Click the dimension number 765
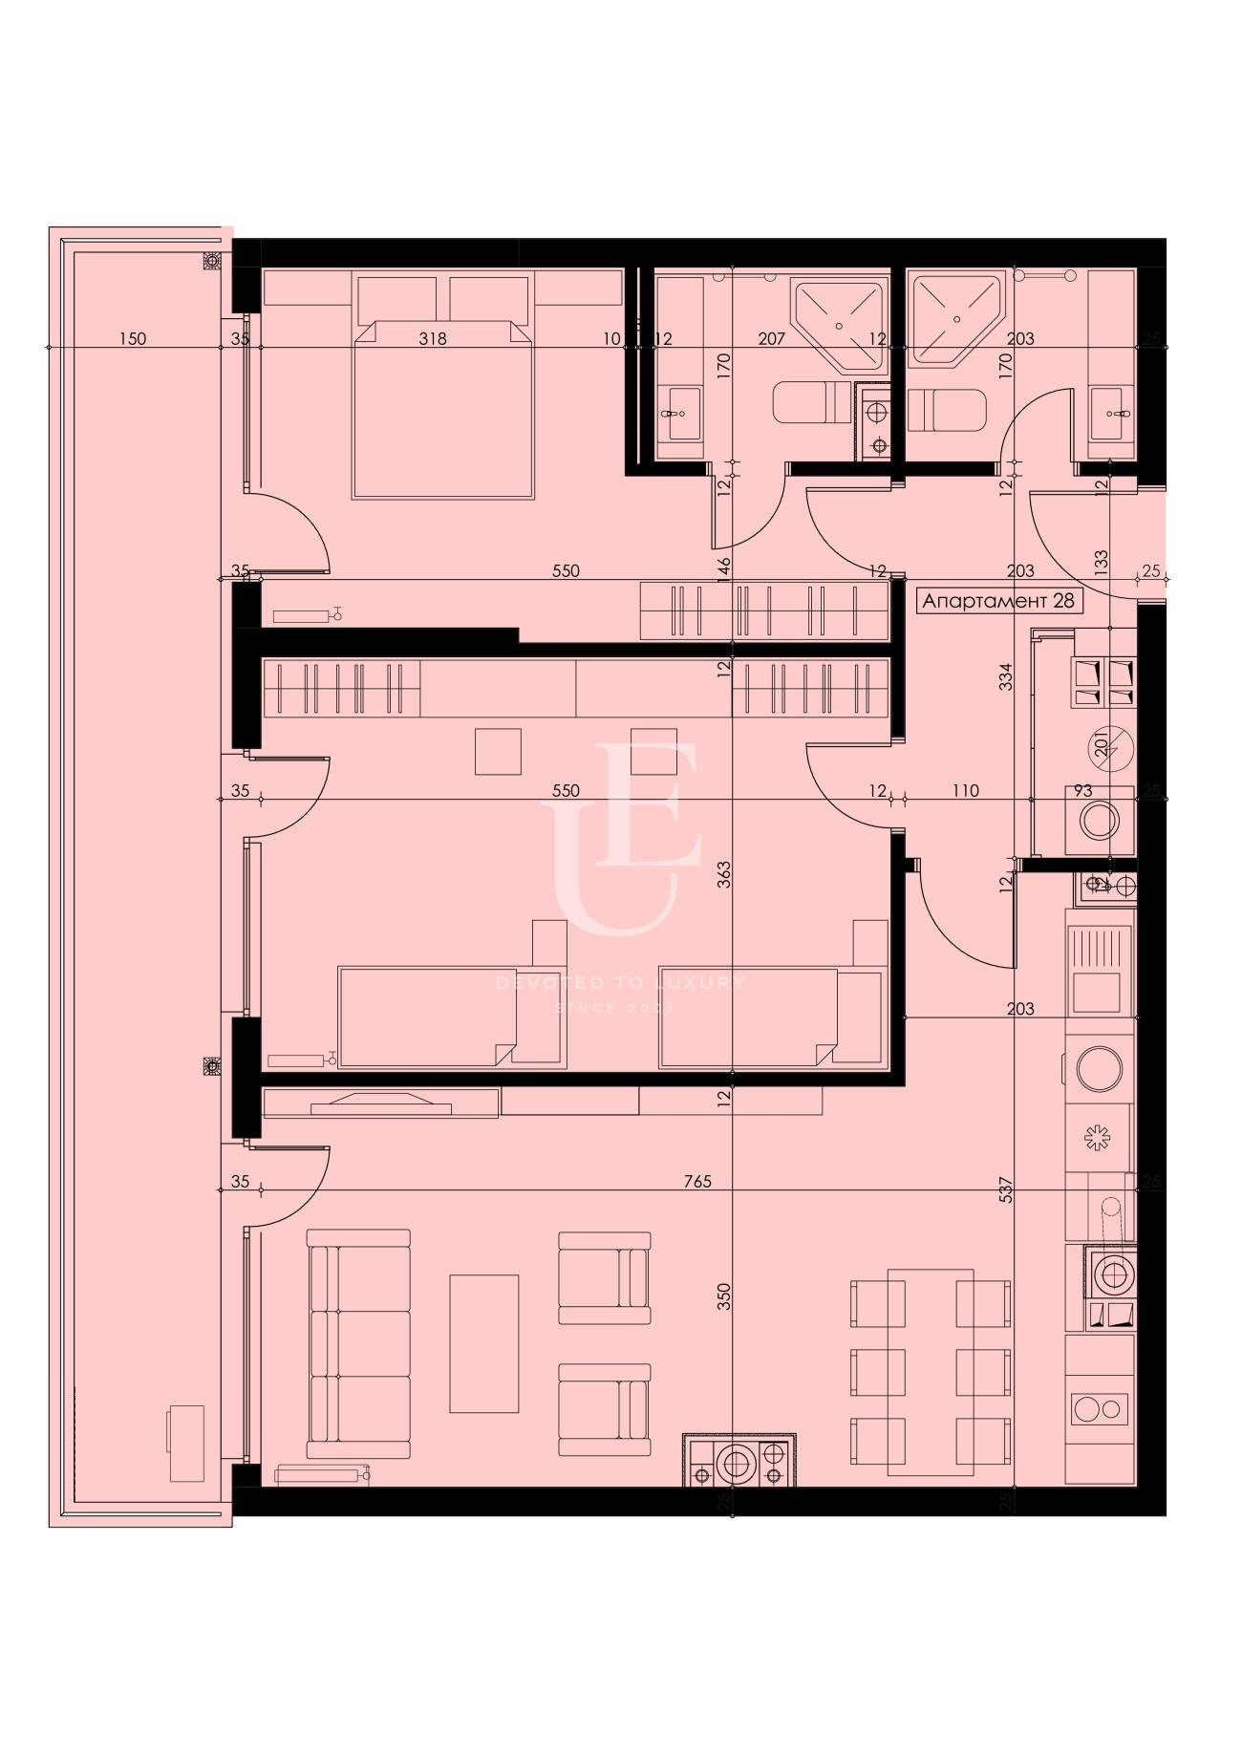[x=697, y=1182]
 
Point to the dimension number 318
[x=433, y=338]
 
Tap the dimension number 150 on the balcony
[x=133, y=338]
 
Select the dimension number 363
[x=723, y=876]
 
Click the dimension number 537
[x=1005, y=1188]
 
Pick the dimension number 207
[x=771, y=338]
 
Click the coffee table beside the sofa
[x=484, y=1342]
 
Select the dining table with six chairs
[x=931, y=1372]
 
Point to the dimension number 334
[x=1005, y=677]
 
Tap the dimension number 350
[x=723, y=1296]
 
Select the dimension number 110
[x=965, y=791]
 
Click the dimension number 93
[x=1082, y=791]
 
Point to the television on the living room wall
[x=380, y=1103]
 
